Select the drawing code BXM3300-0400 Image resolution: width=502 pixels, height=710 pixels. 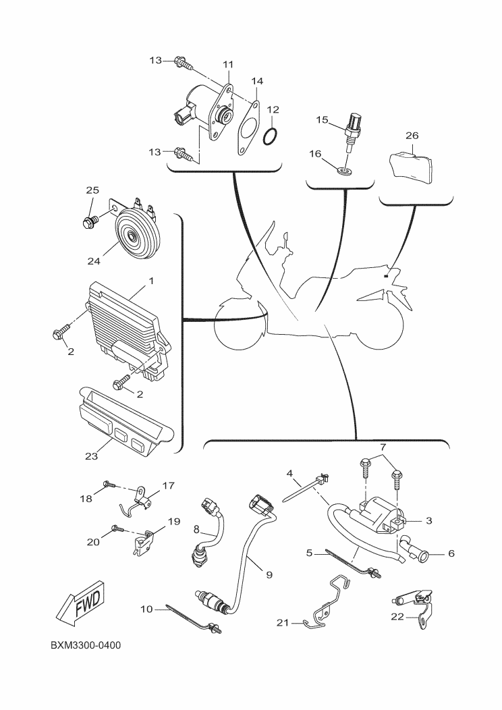[86, 646]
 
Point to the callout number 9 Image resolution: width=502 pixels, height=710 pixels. [269, 574]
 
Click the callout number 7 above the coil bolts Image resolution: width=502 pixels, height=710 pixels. [383, 447]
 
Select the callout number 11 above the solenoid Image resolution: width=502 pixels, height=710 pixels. [228, 64]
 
